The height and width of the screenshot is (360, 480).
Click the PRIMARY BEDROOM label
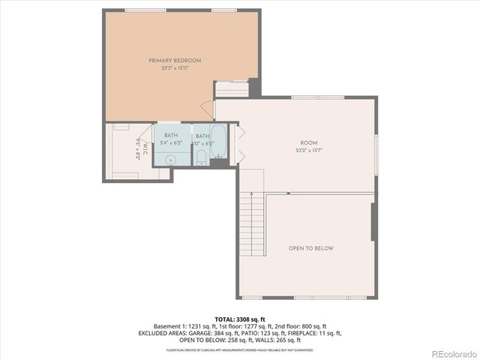click(175, 60)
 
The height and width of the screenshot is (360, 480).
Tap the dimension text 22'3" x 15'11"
click(175, 67)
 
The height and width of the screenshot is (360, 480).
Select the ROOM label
click(309, 142)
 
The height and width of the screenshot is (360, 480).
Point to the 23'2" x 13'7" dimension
click(309, 150)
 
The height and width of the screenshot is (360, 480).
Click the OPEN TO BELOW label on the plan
click(311, 248)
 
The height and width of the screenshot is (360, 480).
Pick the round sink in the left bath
click(171, 159)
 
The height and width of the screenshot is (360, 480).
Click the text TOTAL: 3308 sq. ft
click(239, 319)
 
